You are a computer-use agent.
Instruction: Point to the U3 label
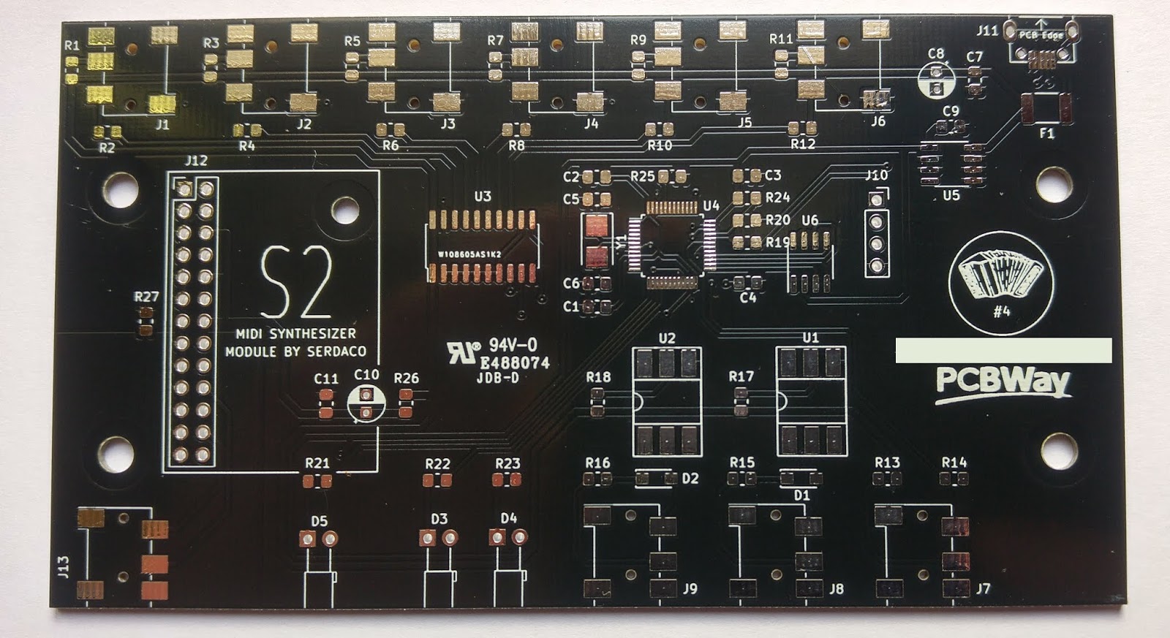point(483,197)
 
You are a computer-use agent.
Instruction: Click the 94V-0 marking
point(513,345)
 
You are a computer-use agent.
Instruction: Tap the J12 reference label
point(196,161)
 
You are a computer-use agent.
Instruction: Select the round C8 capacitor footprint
point(935,79)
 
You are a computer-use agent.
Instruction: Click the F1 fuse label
point(1047,134)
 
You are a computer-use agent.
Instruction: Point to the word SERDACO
point(336,352)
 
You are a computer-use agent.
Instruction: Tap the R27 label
point(146,297)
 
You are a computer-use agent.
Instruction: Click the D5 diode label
point(319,521)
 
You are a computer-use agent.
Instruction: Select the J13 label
point(64,566)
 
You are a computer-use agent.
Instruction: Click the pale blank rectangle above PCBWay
point(1003,350)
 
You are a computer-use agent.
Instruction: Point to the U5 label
point(951,196)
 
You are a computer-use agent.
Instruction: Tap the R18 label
point(598,377)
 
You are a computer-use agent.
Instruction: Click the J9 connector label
point(690,588)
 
